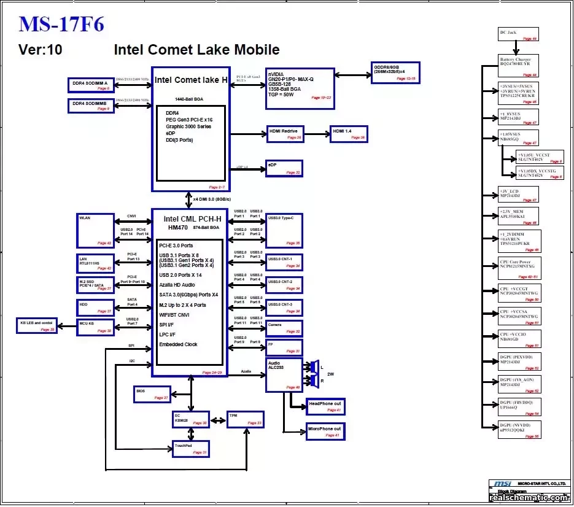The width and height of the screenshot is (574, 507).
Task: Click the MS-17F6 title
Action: pos(61,24)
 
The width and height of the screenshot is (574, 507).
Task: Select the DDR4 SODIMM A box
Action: pos(90,85)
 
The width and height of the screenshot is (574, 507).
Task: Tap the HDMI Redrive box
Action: pos(285,134)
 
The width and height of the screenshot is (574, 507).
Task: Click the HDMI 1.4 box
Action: pos(349,134)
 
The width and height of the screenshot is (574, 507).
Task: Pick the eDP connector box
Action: pos(284,168)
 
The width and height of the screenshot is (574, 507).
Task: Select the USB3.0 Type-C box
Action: pos(284,230)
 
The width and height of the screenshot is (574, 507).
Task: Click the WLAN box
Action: pos(96,230)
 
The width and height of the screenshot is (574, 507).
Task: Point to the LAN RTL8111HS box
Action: pos(96,262)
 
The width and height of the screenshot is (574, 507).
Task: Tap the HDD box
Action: pos(96,307)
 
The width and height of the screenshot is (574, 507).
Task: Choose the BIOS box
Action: pos(152,394)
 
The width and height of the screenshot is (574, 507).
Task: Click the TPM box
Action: pos(245,419)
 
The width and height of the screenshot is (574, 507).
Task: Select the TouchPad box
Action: pos(190,449)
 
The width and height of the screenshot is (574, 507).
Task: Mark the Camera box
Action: pos(284,328)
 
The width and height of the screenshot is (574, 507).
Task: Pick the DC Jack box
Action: pos(518,34)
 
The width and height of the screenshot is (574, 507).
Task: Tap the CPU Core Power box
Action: pos(519,269)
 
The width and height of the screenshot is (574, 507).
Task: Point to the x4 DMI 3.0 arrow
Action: pos(188,199)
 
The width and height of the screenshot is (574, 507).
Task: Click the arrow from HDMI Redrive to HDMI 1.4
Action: pos(316,134)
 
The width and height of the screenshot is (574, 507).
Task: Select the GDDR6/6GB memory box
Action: pos(395,72)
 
